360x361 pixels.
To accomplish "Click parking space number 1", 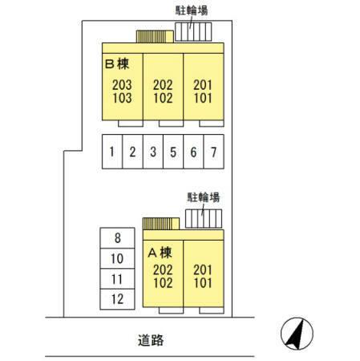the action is [x=112, y=152].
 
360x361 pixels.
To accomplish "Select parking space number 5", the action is [x=173, y=152].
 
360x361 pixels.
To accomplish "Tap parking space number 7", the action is [x=214, y=152].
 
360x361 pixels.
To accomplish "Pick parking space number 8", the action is [x=117, y=237].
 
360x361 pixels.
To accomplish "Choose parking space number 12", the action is [x=117, y=299].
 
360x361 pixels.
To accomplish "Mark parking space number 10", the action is [x=117, y=258].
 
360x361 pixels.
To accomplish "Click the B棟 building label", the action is [x=117, y=64].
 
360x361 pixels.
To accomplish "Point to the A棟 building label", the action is [x=160, y=253].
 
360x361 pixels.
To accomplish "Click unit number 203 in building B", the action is [x=122, y=85].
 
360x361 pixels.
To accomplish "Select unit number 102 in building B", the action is [x=163, y=98].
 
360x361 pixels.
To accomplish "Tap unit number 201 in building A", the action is [x=203, y=270].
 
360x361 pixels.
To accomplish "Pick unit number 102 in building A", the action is [x=163, y=283].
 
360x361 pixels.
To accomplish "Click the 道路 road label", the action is [x=151, y=340].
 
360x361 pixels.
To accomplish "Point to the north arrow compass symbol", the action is [x=297, y=334].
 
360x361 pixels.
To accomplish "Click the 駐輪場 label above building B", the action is [x=192, y=10].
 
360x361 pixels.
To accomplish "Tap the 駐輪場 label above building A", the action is [x=204, y=197].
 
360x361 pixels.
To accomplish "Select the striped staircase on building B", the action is [x=155, y=37].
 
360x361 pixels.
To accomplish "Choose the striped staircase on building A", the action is [x=161, y=224].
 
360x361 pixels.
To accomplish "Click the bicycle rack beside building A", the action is [x=204, y=219].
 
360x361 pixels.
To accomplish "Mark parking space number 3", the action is [x=153, y=152].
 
